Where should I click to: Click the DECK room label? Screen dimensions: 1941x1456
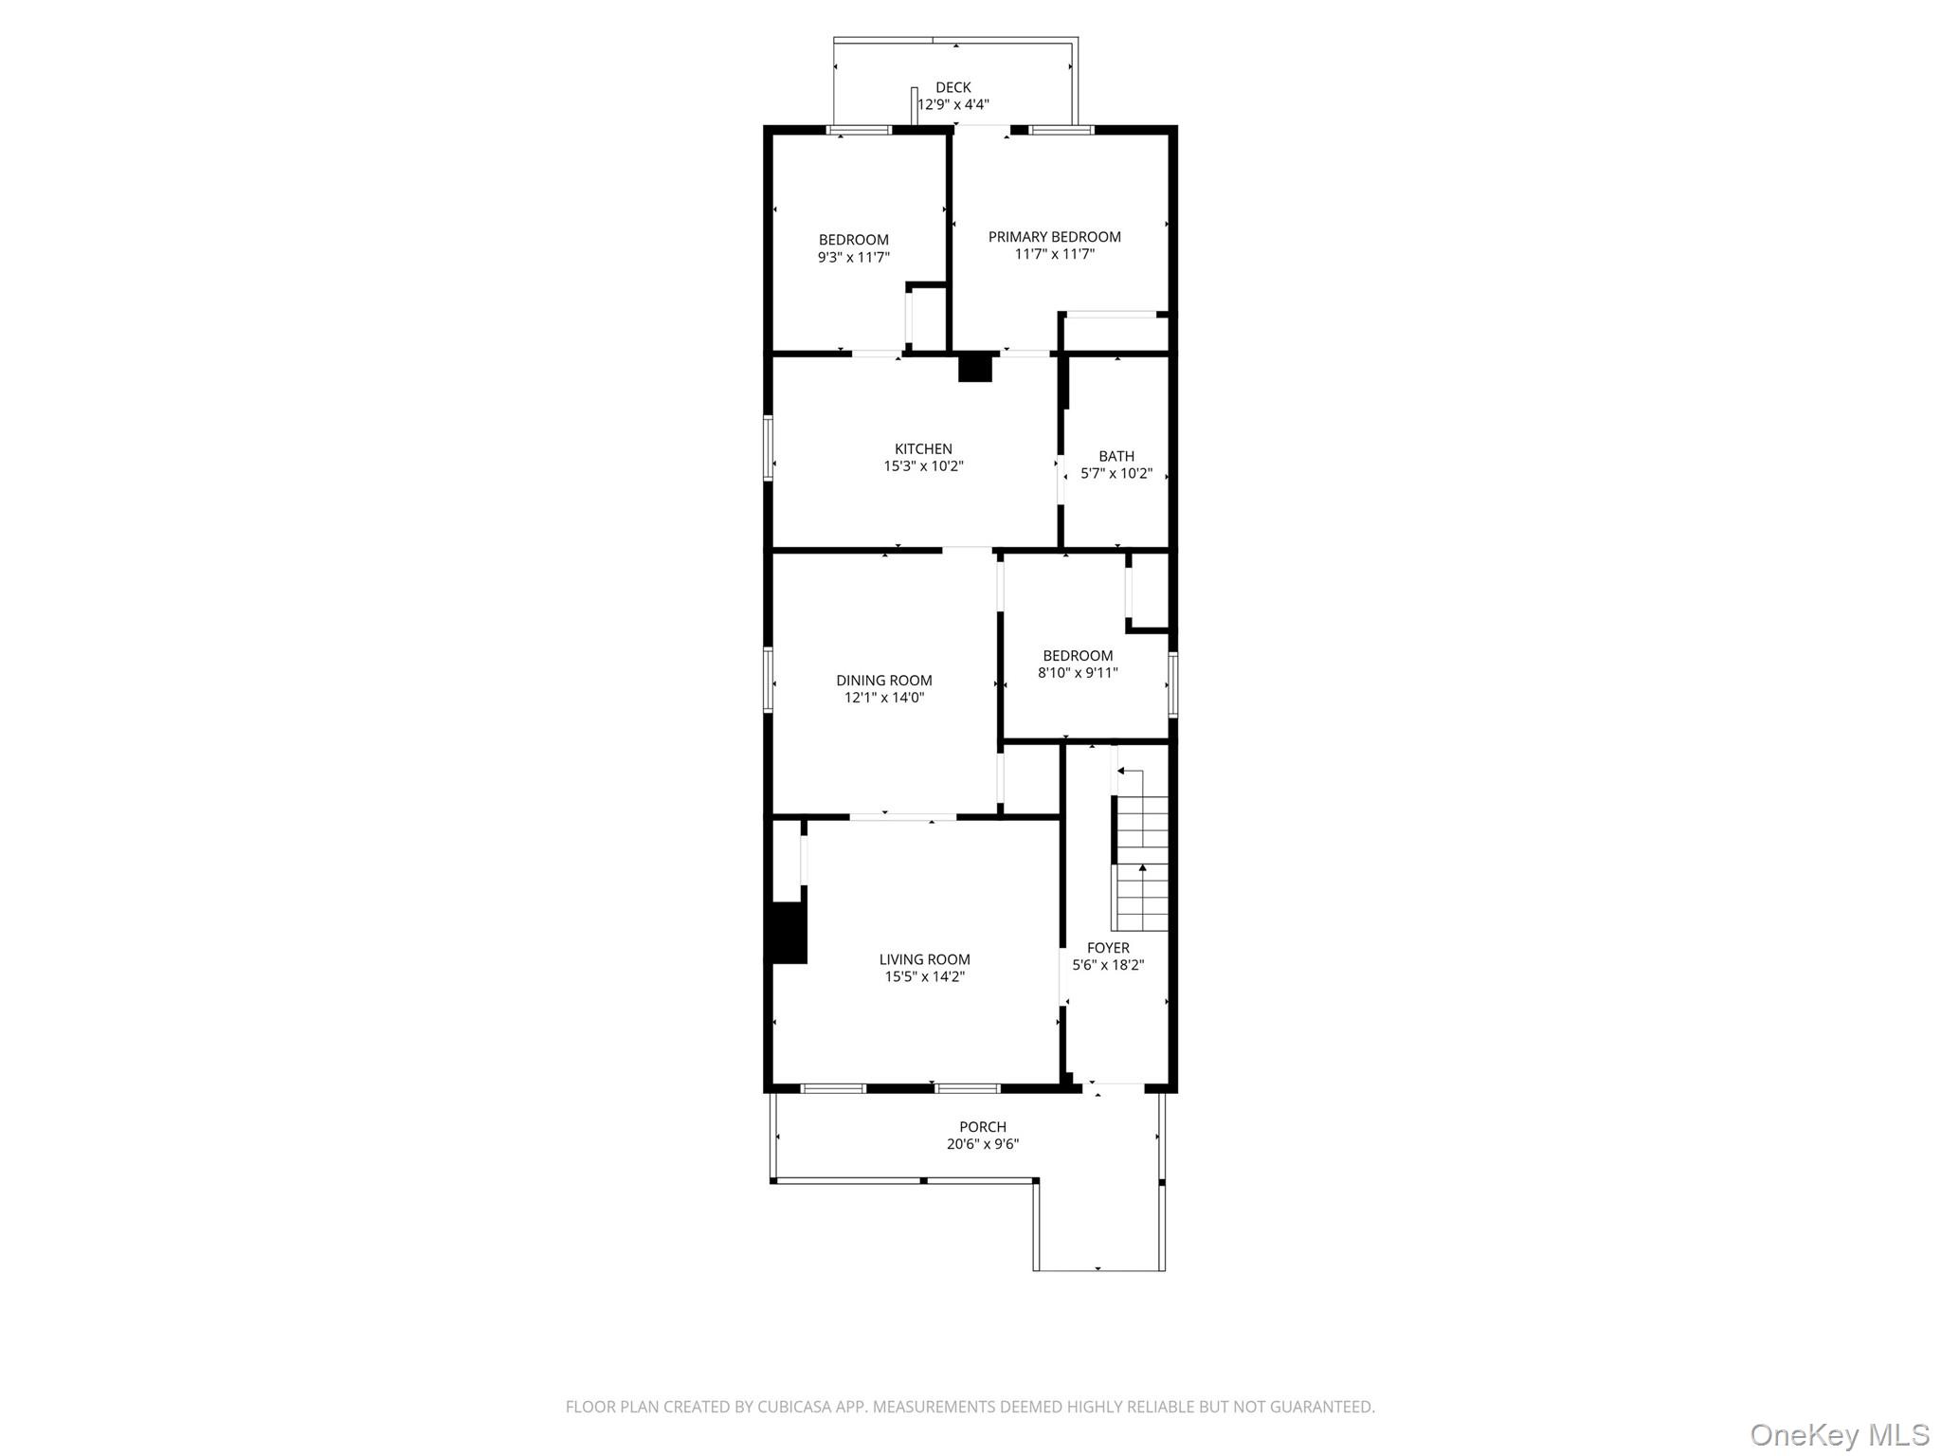952,87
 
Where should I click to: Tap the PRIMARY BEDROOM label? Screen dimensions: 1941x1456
1055,237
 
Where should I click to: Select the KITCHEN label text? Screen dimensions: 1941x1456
923,449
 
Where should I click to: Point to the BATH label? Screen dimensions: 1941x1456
1116,457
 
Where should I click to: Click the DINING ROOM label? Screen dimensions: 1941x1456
884,681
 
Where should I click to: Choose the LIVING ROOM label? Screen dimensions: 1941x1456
925,959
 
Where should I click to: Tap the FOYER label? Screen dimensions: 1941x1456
1108,948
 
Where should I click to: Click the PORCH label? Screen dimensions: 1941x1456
983,1127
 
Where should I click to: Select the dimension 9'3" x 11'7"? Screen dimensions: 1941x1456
854,257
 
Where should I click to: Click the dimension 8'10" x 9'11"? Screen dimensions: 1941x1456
1078,673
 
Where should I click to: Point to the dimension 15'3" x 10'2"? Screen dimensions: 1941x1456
923,466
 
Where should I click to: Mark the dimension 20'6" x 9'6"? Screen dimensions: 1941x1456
983,1144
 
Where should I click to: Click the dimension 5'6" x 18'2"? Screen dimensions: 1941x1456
1108,965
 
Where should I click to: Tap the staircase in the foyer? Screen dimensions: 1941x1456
1141,850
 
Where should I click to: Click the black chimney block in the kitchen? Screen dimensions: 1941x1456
974,368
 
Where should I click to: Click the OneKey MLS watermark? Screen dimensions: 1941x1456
1840,1434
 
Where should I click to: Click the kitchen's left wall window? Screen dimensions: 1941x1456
769,447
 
